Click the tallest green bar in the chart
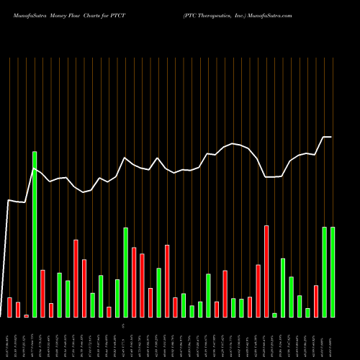[x=35, y=234]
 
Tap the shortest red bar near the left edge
[x=26, y=315]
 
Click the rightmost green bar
[x=332, y=272]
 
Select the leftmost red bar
[x=9, y=307]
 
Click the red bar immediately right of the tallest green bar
[x=42, y=293]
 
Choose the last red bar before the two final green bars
[x=315, y=301]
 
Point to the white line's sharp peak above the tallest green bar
[x=35, y=169]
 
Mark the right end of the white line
[x=332, y=137]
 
